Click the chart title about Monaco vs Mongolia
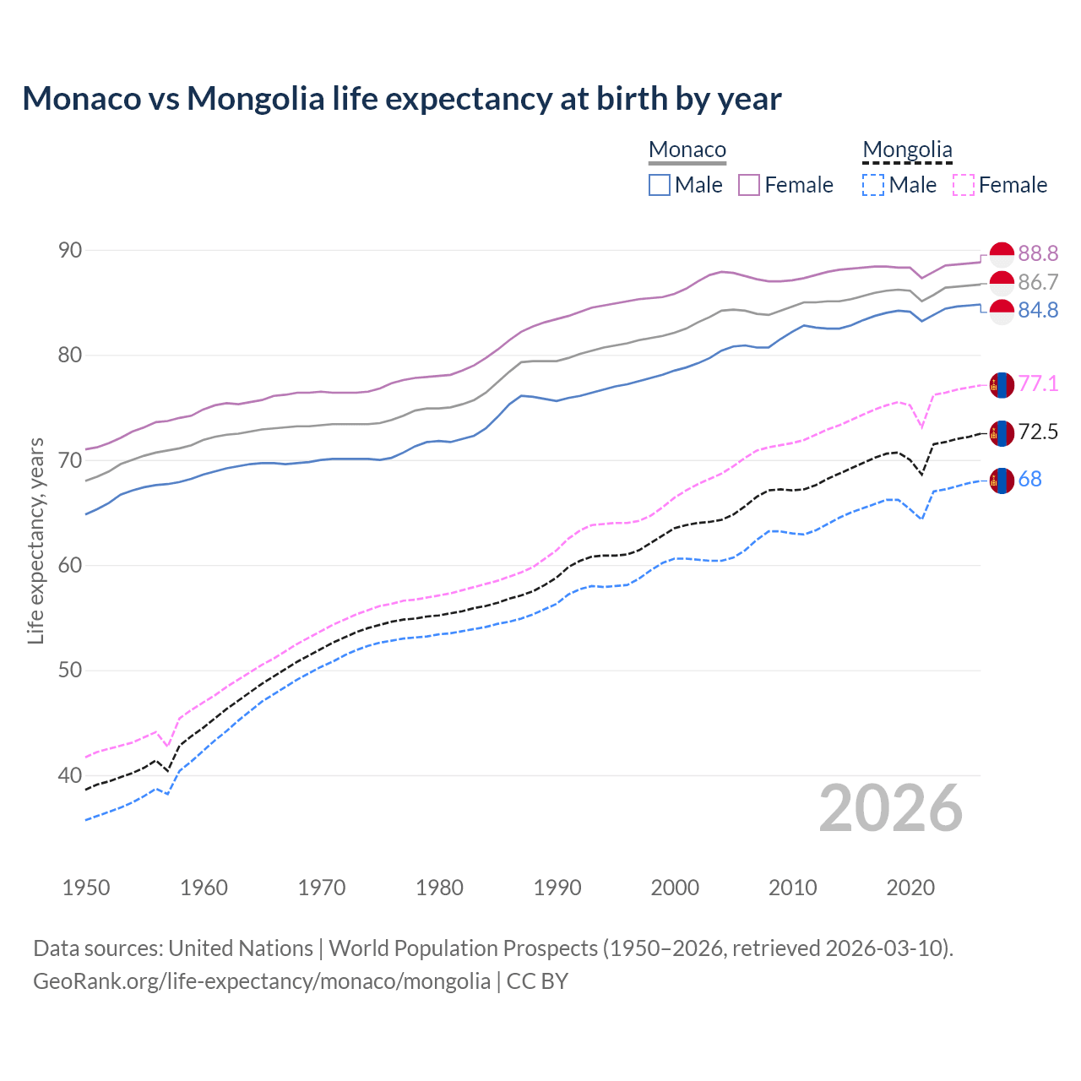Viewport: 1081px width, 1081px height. pyautogui.click(x=402, y=99)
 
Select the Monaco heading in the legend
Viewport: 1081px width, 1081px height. pyautogui.click(x=687, y=150)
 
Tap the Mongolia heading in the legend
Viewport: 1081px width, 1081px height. pyautogui.click(x=907, y=150)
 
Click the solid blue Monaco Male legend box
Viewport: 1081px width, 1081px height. pyautogui.click(x=660, y=185)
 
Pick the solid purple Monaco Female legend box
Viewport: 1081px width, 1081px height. pyautogui.click(x=749, y=185)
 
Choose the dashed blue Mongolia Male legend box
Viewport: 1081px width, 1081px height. pyautogui.click(x=873, y=185)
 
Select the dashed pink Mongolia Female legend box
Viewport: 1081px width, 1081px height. pyautogui.click(x=964, y=185)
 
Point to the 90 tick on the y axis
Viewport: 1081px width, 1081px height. pyautogui.click(x=70, y=250)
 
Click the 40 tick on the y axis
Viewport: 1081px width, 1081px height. pyautogui.click(x=70, y=775)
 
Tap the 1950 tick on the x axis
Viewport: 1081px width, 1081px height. pyautogui.click(x=86, y=888)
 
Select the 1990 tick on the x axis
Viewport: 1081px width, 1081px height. pyautogui.click(x=557, y=888)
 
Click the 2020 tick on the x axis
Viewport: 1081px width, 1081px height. pyautogui.click(x=910, y=888)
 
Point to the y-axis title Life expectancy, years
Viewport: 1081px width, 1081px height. pyautogui.click(x=35, y=540)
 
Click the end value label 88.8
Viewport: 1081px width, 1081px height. pyautogui.click(x=1038, y=253)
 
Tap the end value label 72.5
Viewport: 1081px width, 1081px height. pyautogui.click(x=1038, y=432)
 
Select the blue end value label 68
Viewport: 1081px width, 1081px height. pyautogui.click(x=1029, y=480)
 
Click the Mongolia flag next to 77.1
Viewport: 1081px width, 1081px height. pyautogui.click(x=1002, y=385)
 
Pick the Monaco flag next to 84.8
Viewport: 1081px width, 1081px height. pyautogui.click(x=1002, y=312)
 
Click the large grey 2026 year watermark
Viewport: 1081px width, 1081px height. pyautogui.click(x=890, y=808)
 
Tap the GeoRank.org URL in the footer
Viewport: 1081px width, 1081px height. pyautogui.click(x=262, y=981)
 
